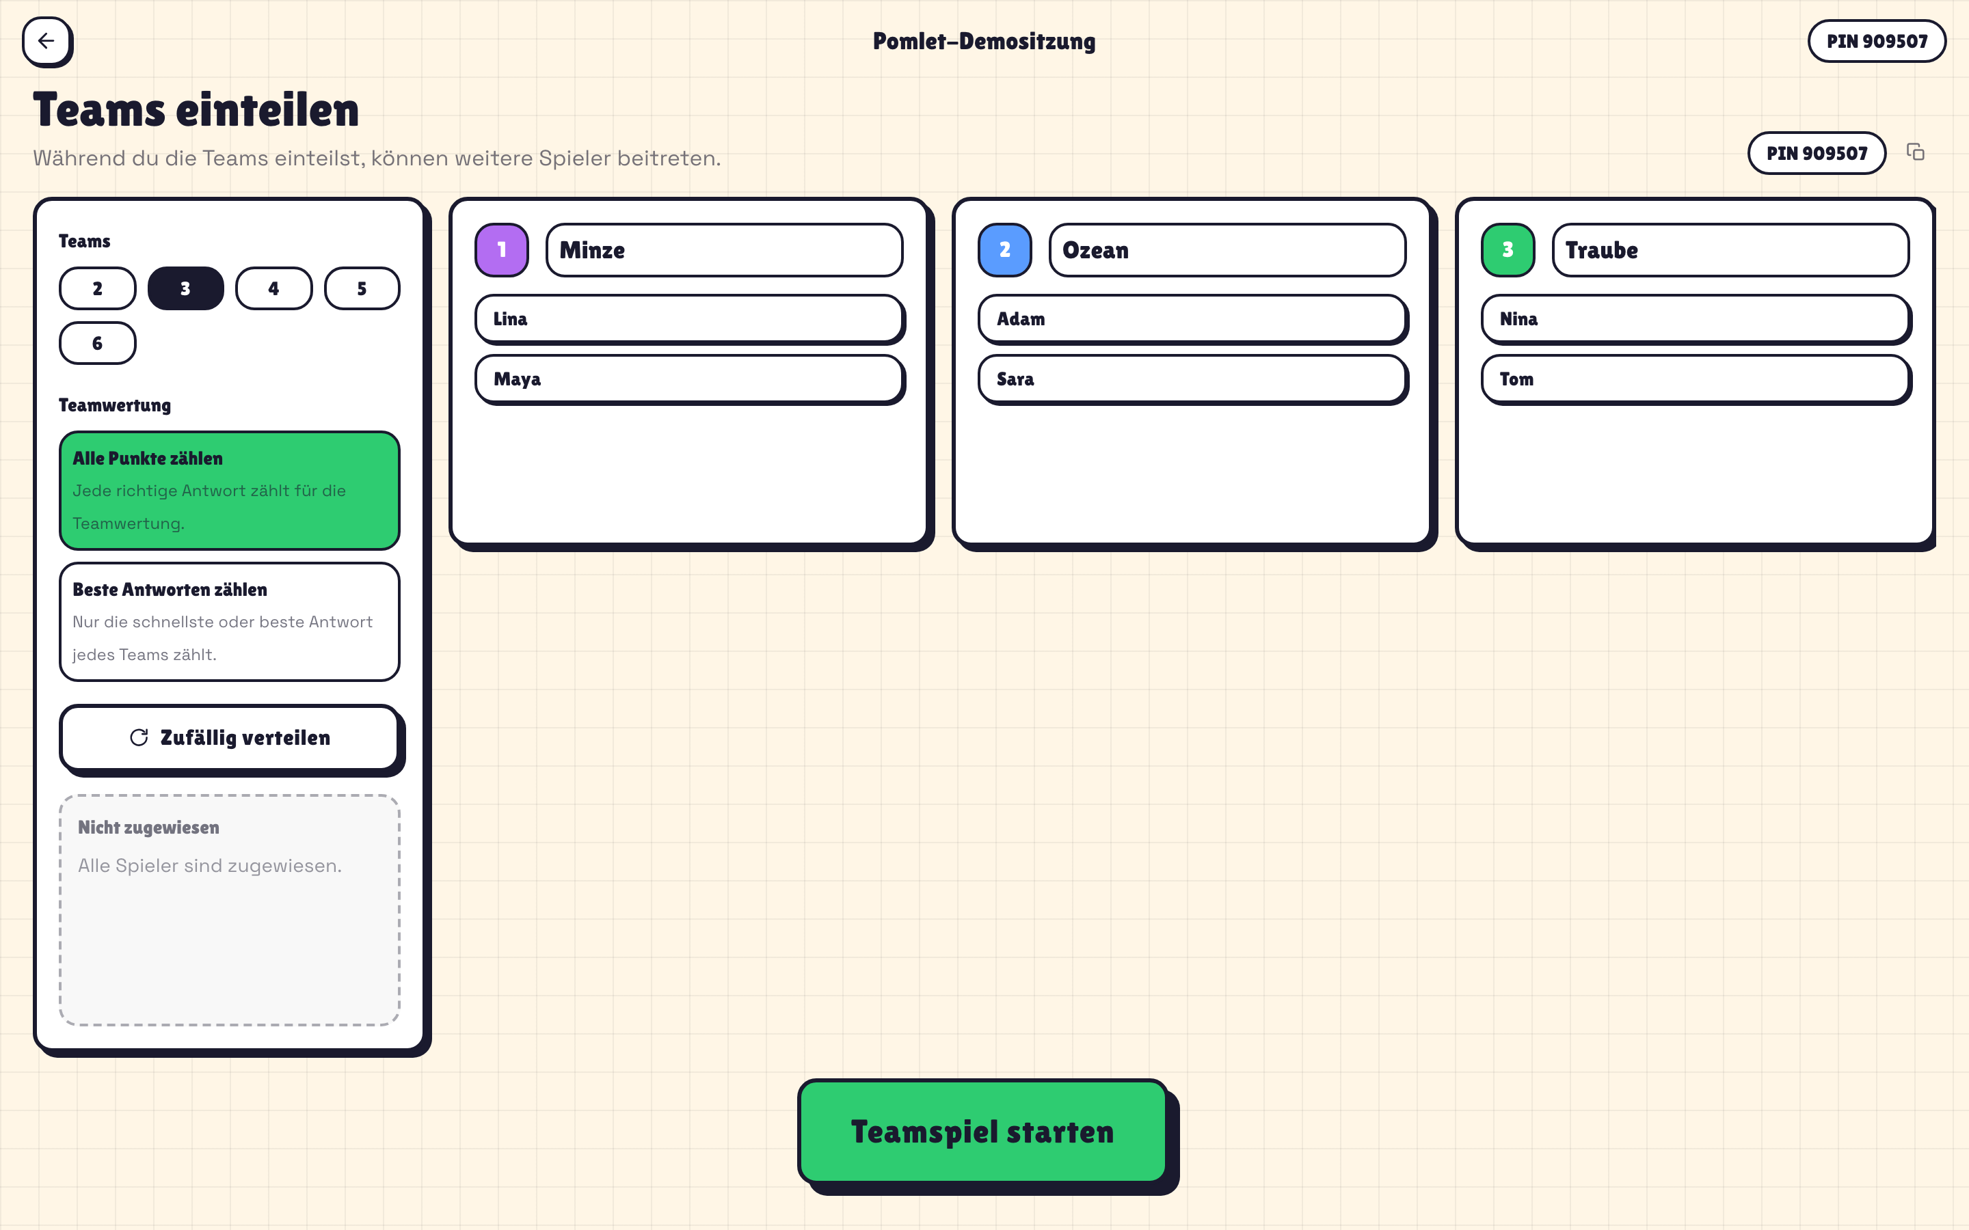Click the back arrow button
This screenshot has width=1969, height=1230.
[x=46, y=41]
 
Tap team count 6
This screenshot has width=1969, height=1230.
[x=98, y=342]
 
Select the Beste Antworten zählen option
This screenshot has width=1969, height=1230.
[x=230, y=622]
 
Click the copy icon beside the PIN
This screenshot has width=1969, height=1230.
[x=1915, y=152]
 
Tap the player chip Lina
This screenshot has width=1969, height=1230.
[x=689, y=319]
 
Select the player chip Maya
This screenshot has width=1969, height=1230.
[x=689, y=379]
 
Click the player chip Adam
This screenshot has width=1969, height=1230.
[x=1193, y=319]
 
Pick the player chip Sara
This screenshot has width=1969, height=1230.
[x=1193, y=379]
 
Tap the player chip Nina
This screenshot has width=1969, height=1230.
[x=1696, y=319]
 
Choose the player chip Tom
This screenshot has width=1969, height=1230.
[x=1696, y=379]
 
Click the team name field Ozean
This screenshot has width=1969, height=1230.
[x=1228, y=249]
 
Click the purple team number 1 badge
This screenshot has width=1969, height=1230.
[x=502, y=249]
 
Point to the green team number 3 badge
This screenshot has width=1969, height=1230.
[x=1508, y=249]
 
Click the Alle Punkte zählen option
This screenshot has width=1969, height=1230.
[x=230, y=491]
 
